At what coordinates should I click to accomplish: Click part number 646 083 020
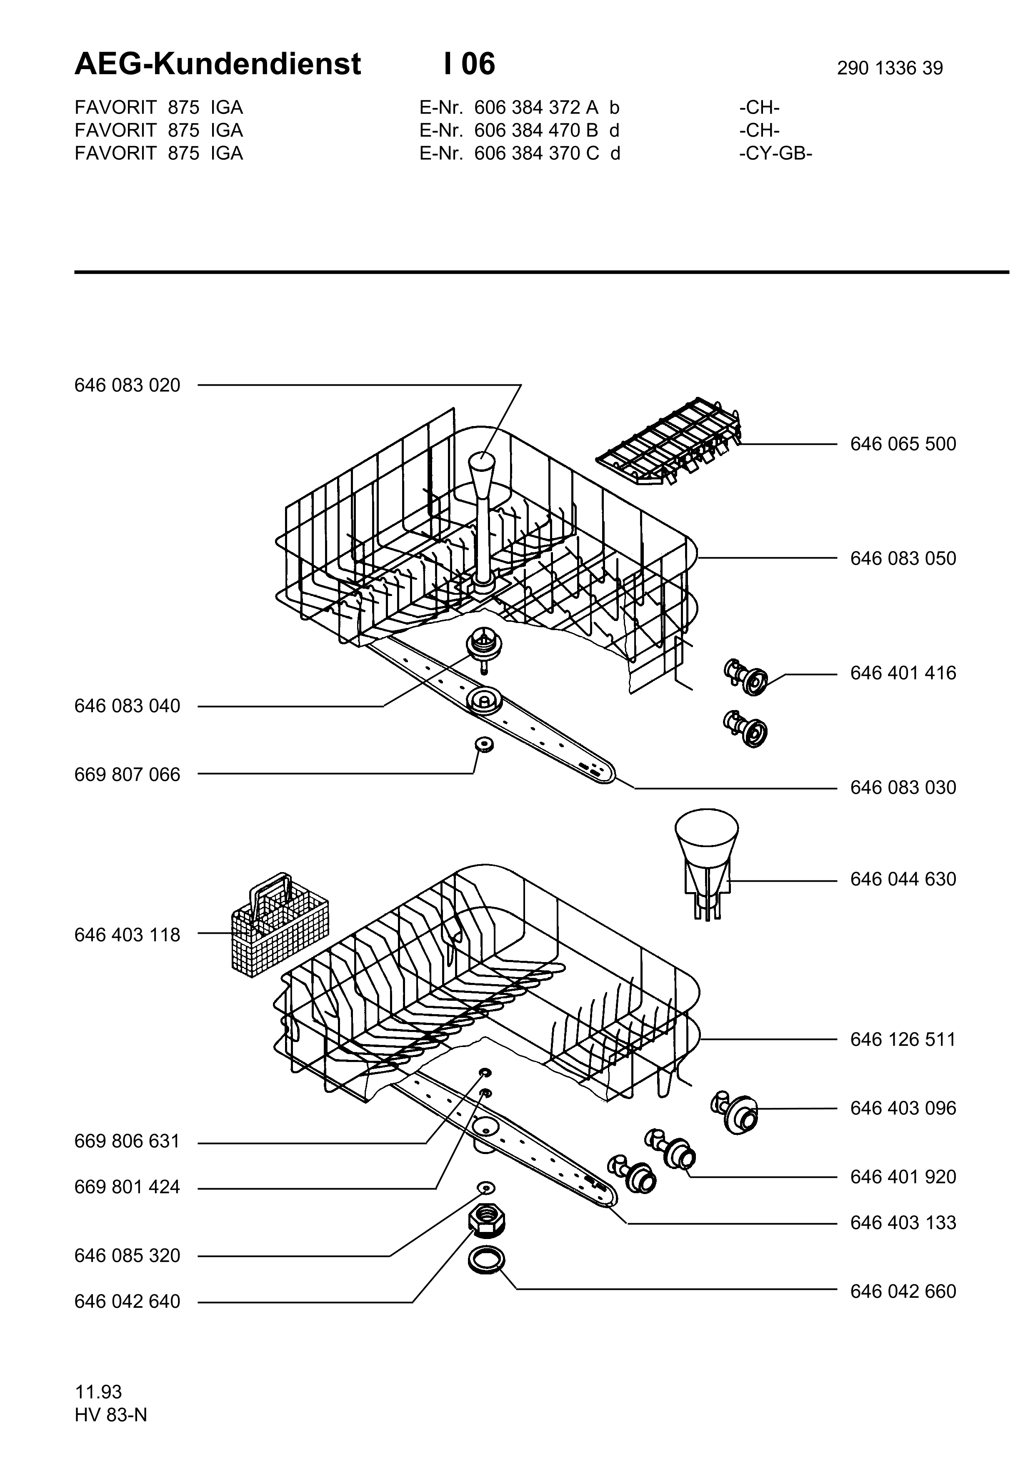point(127,386)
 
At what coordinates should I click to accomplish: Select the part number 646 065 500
point(903,444)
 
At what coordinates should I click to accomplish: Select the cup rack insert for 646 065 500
point(670,441)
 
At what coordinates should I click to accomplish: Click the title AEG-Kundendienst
point(218,64)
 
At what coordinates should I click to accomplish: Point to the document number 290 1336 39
point(890,68)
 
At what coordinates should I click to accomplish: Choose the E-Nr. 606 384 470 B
point(509,130)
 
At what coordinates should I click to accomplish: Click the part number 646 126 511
point(903,1040)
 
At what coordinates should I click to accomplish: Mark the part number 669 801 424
point(127,1187)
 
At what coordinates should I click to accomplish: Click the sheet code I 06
point(470,64)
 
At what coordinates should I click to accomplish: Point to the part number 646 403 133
point(903,1223)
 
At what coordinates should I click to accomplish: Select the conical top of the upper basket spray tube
point(482,471)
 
